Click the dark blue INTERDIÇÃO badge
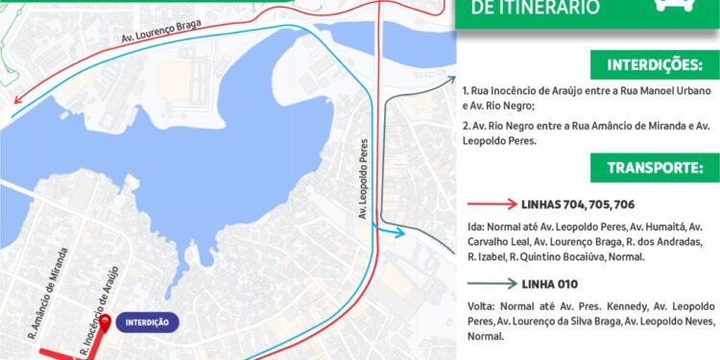(147, 323)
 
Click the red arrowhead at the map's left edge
(15, 112)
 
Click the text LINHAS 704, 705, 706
(577, 204)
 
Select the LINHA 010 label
(551, 283)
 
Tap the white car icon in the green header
(674, 5)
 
